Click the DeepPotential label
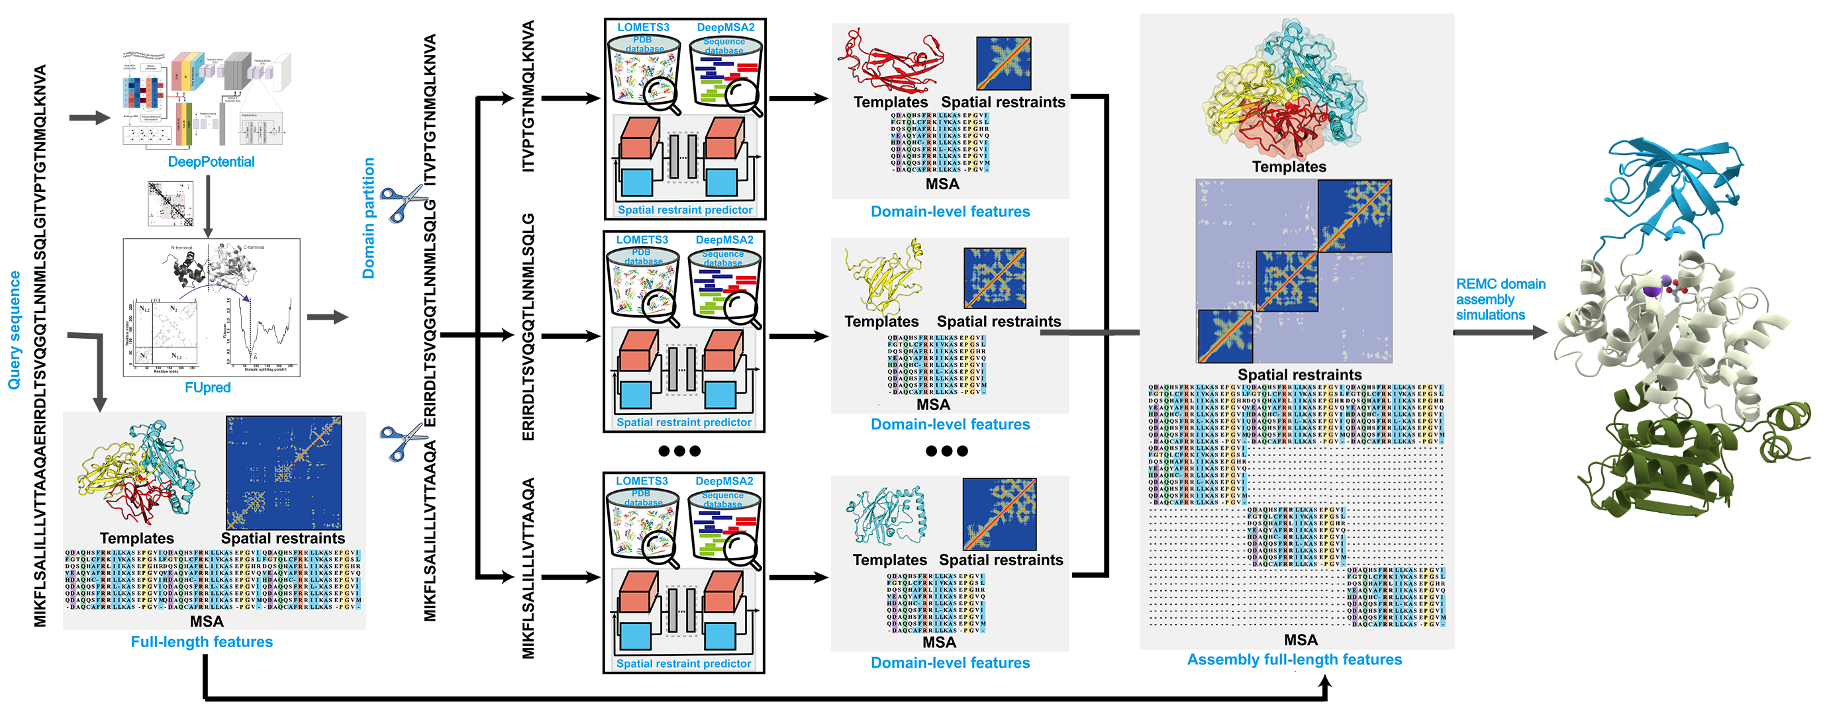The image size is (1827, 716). click(x=211, y=161)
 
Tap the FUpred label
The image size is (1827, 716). click(x=207, y=387)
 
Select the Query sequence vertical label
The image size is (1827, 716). click(x=14, y=330)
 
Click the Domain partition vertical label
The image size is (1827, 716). click(x=368, y=218)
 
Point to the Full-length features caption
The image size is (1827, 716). click(x=201, y=642)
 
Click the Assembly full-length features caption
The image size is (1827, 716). click(x=1295, y=659)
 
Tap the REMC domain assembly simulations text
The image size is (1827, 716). click(x=1499, y=299)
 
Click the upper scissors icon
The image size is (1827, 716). click(x=401, y=202)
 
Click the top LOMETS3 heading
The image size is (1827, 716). click(x=642, y=27)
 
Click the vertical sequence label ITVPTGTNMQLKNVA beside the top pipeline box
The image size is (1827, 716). click(x=528, y=96)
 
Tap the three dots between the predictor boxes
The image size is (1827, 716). click(x=679, y=451)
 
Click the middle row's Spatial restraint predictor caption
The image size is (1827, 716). click(x=683, y=422)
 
